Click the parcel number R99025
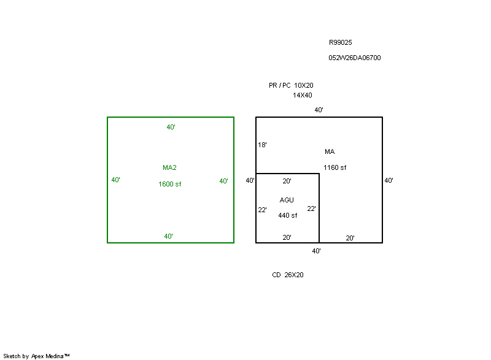(x=341, y=42)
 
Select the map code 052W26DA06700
(x=355, y=58)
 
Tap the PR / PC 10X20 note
(x=291, y=85)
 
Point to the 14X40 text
(x=302, y=96)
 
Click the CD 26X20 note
(x=288, y=275)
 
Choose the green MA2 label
(x=169, y=167)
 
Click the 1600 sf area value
(x=170, y=184)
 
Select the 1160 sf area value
(x=334, y=167)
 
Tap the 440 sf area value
(x=287, y=215)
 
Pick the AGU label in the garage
(x=287, y=200)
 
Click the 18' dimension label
(x=262, y=145)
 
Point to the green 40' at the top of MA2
(x=171, y=128)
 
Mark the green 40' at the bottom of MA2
(x=168, y=237)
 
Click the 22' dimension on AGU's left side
(x=262, y=210)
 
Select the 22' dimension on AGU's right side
(x=311, y=209)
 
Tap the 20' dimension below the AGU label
(x=287, y=238)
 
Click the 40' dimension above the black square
(x=319, y=110)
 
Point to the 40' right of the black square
(x=389, y=180)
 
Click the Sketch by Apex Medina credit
(x=36, y=356)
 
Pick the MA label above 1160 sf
(x=330, y=151)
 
